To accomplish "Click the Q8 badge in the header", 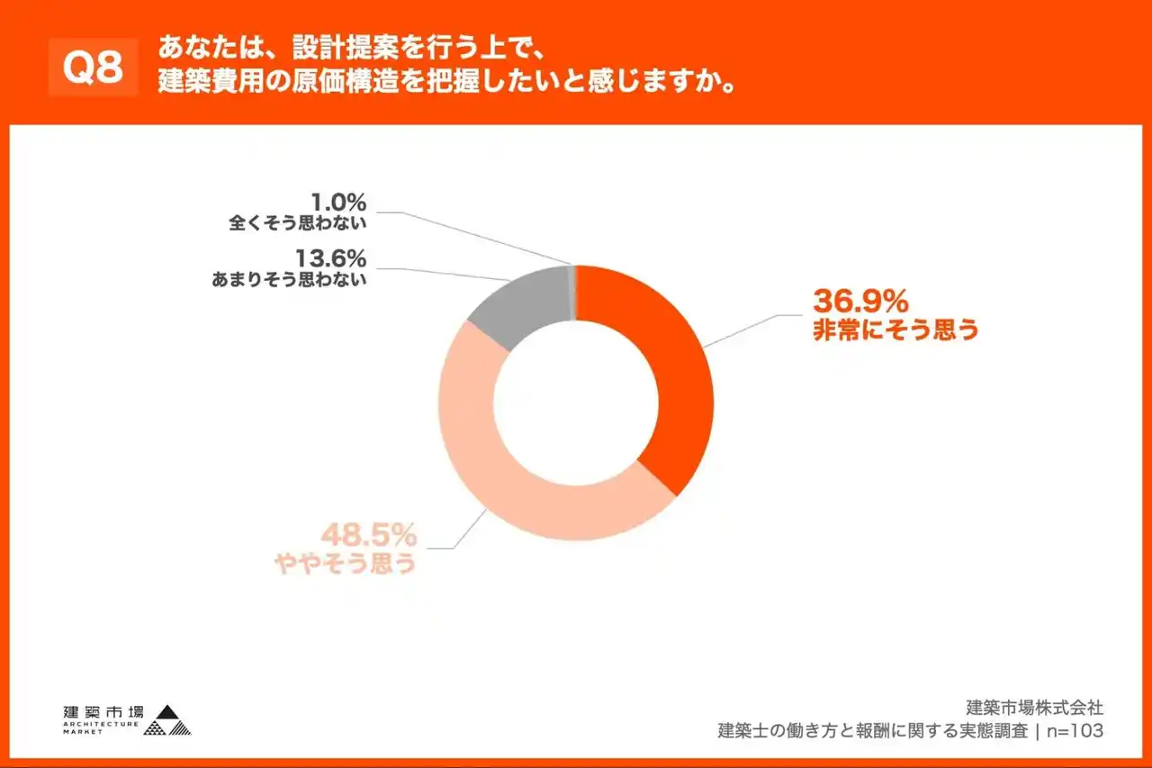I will coord(94,68).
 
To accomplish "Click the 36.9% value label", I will coord(860,299).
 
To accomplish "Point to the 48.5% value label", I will coord(370,536).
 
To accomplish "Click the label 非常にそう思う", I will coord(895,330).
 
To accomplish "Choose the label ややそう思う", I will coord(345,564).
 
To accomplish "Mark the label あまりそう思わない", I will coord(289,280).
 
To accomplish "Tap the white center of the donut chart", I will coord(576,403).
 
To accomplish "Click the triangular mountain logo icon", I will coord(168,718).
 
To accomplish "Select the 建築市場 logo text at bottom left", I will coord(103,709).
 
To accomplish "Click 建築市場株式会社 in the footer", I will coord(1034,708).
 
